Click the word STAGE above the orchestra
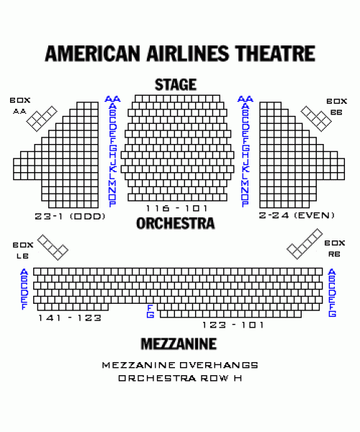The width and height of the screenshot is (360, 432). (176, 84)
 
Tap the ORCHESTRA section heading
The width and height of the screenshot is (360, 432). (176, 223)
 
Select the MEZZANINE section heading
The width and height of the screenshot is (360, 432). (179, 344)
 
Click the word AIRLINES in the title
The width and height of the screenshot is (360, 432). (188, 53)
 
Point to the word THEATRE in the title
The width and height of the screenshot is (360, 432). (275, 53)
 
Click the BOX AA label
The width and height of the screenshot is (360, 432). (20, 106)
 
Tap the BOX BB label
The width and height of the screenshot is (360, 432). (336, 107)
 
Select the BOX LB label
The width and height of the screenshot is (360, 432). (23, 250)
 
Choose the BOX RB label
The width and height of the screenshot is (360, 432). (335, 248)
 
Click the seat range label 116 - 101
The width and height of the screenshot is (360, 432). (176, 208)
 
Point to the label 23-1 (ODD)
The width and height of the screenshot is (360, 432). (70, 216)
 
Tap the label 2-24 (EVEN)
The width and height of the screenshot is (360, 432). (297, 215)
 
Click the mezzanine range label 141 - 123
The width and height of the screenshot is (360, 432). (70, 318)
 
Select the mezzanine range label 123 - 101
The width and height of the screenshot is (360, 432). (233, 325)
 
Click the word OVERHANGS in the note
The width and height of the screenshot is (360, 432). (219, 365)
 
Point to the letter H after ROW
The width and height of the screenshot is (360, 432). (238, 378)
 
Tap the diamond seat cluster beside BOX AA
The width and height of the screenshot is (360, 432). (42, 119)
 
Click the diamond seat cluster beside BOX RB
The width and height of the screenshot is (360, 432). (305, 244)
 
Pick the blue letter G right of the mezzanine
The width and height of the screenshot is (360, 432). (332, 313)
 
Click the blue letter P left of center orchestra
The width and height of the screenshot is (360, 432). (112, 204)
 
